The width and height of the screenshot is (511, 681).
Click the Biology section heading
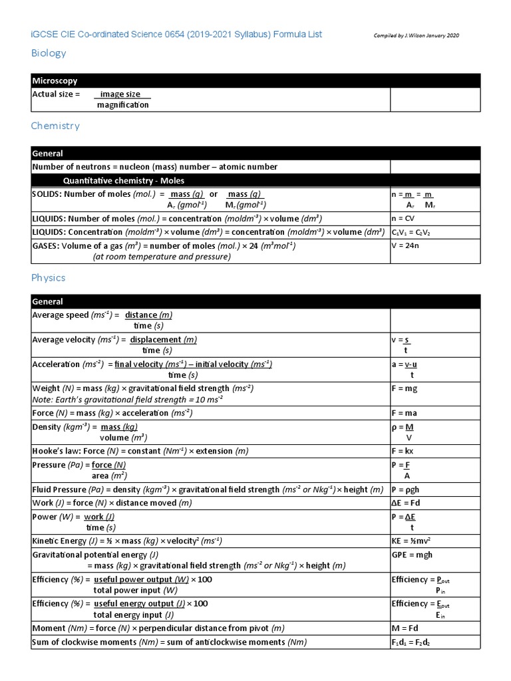pos(49,53)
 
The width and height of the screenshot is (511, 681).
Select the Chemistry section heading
pos(55,126)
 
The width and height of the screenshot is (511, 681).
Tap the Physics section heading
pos(49,277)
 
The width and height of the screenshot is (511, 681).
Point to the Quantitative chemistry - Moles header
pos(124,180)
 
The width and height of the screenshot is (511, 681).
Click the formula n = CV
pos(404,218)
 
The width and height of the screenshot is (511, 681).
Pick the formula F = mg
pos(405,388)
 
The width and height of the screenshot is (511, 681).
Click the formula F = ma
pos(405,413)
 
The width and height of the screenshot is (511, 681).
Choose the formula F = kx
pos(404,452)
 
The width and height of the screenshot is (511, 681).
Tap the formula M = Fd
pos(405,628)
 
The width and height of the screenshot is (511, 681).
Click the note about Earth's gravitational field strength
pos(127,400)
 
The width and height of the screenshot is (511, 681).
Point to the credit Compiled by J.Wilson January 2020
pos(417,35)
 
